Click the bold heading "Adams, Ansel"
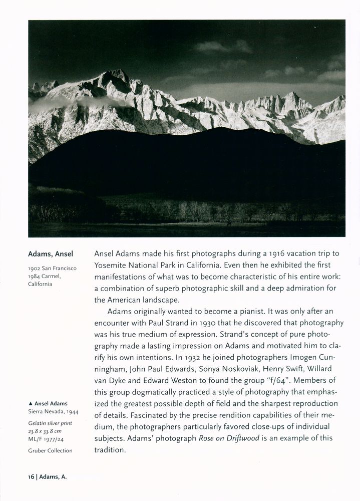pos(51,254)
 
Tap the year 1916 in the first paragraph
pos(273,254)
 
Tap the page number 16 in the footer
pos(31,477)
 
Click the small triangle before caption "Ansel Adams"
pos(31,404)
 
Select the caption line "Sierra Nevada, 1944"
pos(54,412)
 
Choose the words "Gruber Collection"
pos(50,450)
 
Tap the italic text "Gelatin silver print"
pos(50,423)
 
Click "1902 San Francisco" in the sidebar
pos(53,269)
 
